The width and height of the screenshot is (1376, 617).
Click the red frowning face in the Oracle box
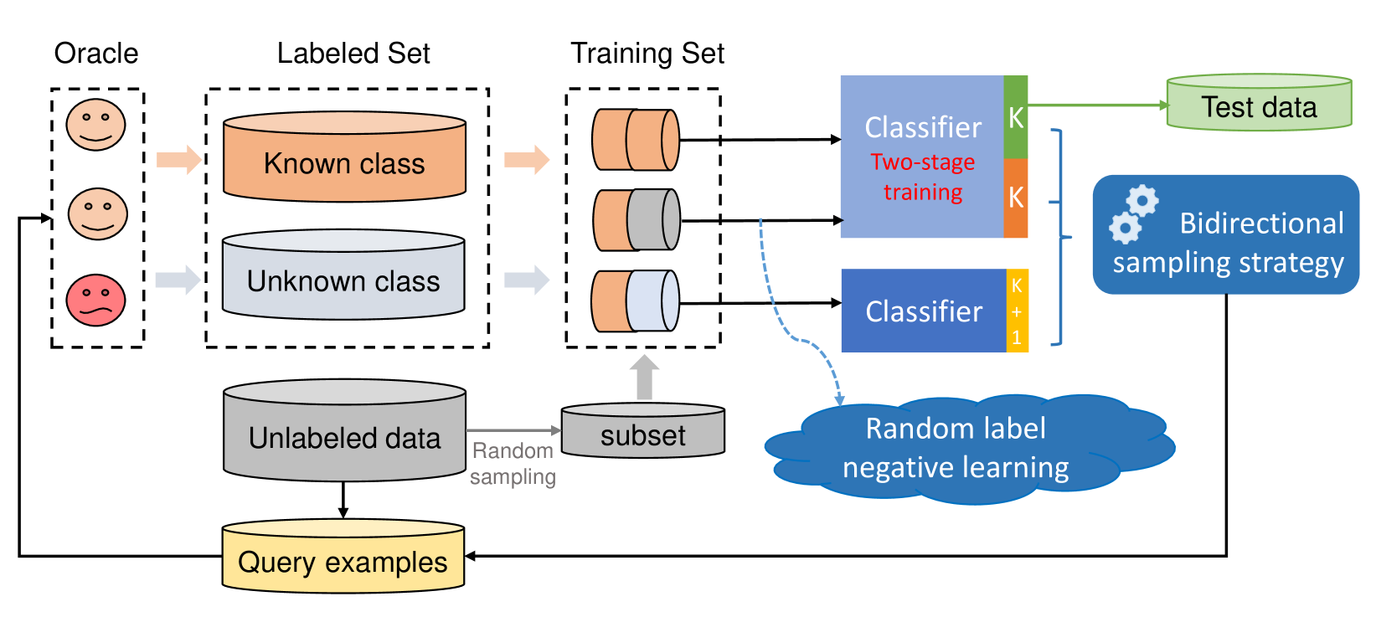96,300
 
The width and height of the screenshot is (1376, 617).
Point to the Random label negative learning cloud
956,448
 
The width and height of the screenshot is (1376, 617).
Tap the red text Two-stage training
923,177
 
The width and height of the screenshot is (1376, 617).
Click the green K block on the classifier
1016,117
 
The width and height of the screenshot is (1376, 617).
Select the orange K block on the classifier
1016,198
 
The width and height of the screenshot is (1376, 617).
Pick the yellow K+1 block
1017,311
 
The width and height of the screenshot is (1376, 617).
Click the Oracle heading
96,54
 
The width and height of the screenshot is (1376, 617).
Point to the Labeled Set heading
353,54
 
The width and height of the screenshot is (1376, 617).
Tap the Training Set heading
647,54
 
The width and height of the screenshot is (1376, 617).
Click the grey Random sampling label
513,464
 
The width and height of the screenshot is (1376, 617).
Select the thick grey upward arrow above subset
644,377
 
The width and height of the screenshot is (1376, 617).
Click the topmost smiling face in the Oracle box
96,125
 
